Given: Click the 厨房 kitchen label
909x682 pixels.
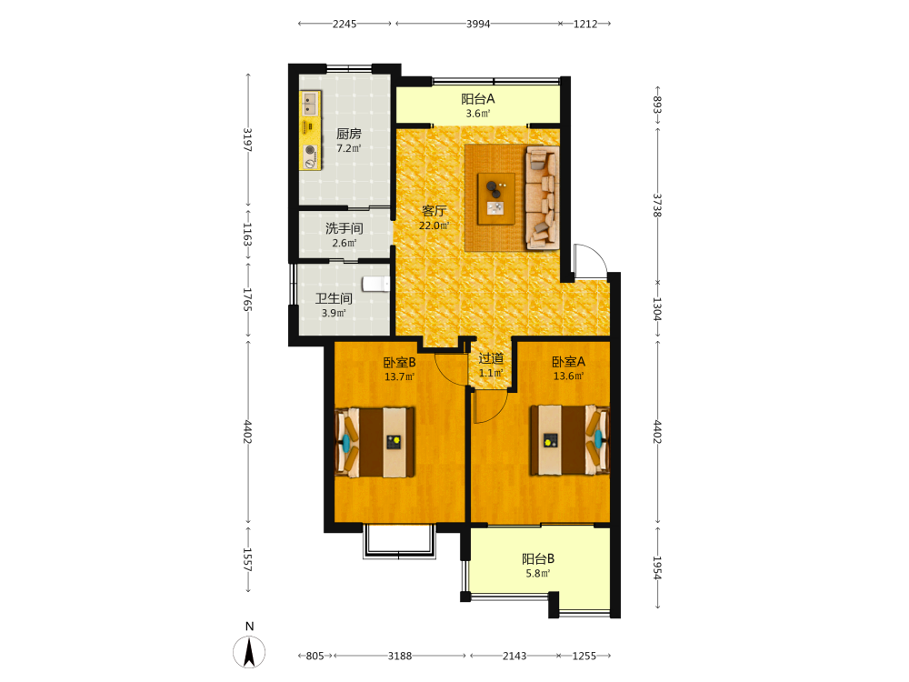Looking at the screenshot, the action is click(x=349, y=134).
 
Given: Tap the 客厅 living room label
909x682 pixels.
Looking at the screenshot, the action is click(x=434, y=211).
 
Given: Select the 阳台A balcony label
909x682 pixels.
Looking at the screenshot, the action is click(x=478, y=99).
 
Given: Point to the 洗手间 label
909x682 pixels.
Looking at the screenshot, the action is click(x=345, y=228).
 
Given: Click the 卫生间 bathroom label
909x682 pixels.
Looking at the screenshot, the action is click(x=334, y=298).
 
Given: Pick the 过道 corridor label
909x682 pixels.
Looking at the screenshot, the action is click(x=491, y=358).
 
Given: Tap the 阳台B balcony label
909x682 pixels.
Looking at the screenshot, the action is click(x=538, y=559).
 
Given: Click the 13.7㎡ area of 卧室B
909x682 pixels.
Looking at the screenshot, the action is click(x=399, y=377).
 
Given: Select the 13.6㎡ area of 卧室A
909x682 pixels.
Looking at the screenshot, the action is click(x=569, y=376).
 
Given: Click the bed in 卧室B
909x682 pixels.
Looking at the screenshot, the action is click(x=375, y=443).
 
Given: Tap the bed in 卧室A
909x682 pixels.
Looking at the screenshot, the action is click(x=569, y=440).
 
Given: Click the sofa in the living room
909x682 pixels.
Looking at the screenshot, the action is click(x=542, y=198).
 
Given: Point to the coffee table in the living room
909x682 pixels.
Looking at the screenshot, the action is click(x=495, y=199).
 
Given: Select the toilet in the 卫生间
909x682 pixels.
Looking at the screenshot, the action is click(x=376, y=284).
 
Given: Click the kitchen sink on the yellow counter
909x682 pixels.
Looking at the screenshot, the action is click(x=309, y=104).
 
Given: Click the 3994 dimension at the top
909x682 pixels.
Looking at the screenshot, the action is click(x=478, y=24).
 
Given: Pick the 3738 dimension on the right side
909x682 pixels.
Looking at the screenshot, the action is click(x=657, y=206).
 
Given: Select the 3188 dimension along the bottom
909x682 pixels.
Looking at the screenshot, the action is click(x=400, y=656).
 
